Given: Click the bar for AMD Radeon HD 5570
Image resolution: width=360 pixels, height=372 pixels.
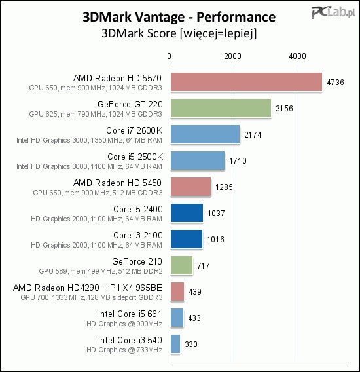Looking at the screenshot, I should pyautogui.click(x=246, y=82).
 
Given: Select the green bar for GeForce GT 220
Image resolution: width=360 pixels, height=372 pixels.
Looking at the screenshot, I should pyautogui.click(x=221, y=108).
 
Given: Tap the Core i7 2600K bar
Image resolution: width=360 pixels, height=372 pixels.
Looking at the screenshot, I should pyautogui.click(x=205, y=134).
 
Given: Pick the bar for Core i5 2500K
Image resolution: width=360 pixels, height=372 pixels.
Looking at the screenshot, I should pyautogui.click(x=197, y=160).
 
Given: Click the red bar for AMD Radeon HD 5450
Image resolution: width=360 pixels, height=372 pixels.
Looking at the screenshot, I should pyautogui.click(x=190, y=187).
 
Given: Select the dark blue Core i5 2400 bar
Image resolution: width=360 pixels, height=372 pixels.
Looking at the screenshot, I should pyautogui.click(x=187, y=213).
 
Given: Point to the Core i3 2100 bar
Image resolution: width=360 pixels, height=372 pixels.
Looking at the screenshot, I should pyautogui.click(x=186, y=239).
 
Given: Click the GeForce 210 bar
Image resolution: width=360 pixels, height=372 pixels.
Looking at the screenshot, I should pyautogui.click(x=181, y=265).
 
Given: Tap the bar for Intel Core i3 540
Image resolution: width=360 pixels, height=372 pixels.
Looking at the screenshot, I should pyautogui.click(x=175, y=344).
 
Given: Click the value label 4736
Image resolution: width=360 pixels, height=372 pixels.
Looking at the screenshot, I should pyautogui.click(x=335, y=83).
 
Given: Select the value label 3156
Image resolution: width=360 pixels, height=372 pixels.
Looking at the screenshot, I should pyautogui.click(x=284, y=109).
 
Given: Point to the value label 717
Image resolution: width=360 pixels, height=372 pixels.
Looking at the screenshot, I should pyautogui.click(x=203, y=266).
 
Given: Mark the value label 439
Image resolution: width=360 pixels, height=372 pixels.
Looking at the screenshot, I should pyautogui.click(x=194, y=292).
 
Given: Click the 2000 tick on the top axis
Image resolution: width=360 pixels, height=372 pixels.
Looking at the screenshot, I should pyautogui.click(x=234, y=56).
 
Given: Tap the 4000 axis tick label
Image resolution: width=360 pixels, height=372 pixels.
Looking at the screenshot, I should pyautogui.click(x=298, y=56).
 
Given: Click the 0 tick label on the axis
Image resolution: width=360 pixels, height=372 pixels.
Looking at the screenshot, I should pyautogui.click(x=170, y=56).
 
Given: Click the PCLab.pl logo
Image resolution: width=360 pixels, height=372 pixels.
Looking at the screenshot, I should pyautogui.click(x=334, y=12).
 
